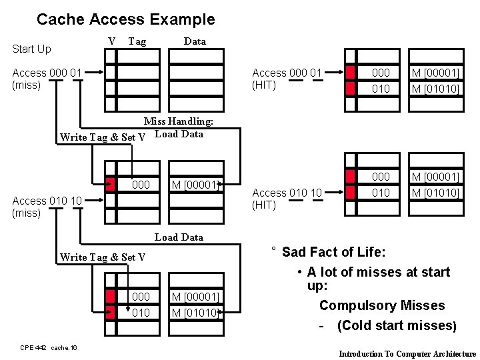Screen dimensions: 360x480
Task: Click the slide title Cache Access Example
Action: (125, 19)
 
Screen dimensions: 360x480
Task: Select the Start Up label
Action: (31, 49)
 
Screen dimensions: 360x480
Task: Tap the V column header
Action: (112, 41)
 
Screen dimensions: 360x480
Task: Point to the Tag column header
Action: (137, 41)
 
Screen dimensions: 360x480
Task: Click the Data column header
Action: (195, 41)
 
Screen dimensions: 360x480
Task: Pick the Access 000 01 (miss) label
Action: (47, 79)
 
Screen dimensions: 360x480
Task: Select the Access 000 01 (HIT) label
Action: (287, 79)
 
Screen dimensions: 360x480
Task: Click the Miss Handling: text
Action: (179, 121)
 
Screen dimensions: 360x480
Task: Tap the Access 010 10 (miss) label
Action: (47, 207)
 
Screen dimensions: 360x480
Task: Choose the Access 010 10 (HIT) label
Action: (287, 199)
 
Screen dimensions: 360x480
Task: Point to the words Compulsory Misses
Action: (381, 305)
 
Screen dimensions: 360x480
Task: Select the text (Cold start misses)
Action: (397, 326)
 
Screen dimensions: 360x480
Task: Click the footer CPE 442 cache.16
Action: (49, 347)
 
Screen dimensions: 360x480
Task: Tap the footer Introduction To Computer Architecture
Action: (407, 354)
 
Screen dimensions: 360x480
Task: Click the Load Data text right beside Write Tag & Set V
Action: (179, 133)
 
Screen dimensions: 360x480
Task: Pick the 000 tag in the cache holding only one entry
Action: (141, 184)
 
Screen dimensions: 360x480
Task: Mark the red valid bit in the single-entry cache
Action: (111, 184)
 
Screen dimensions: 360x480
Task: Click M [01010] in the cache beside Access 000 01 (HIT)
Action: (435, 87)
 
